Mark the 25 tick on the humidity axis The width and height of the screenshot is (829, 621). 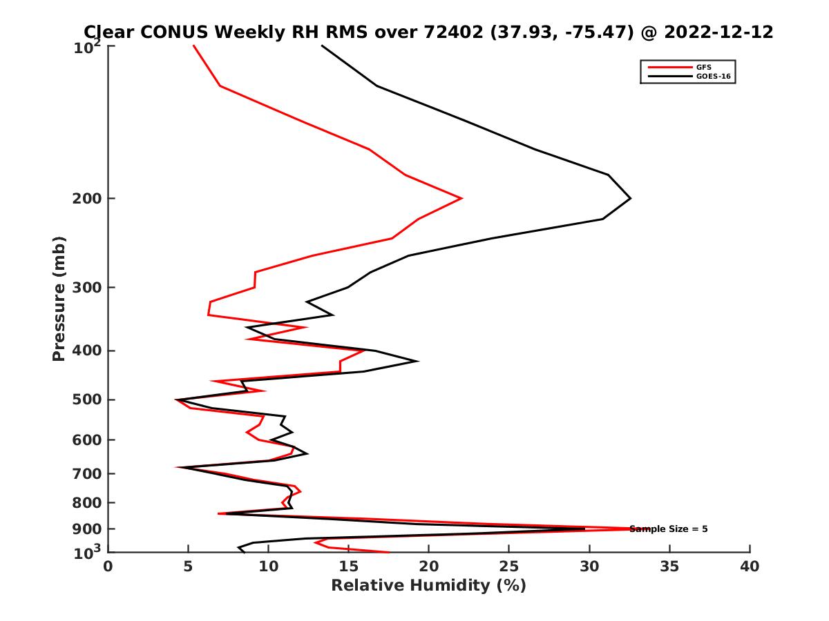pyautogui.click(x=509, y=566)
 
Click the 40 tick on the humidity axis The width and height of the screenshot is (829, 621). pyautogui.click(x=750, y=566)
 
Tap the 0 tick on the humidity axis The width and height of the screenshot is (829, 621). pyautogui.click(x=108, y=566)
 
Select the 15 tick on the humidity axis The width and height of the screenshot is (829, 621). pyautogui.click(x=349, y=566)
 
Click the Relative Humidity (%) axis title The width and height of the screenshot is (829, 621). pyautogui.click(x=428, y=586)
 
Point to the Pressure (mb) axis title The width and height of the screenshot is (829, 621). pyautogui.click(x=59, y=298)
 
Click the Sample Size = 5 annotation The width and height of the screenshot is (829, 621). pyautogui.click(x=668, y=529)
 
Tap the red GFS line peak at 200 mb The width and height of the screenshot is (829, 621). pyautogui.click(x=461, y=199)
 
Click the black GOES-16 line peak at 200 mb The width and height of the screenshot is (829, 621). pyautogui.click(x=630, y=199)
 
